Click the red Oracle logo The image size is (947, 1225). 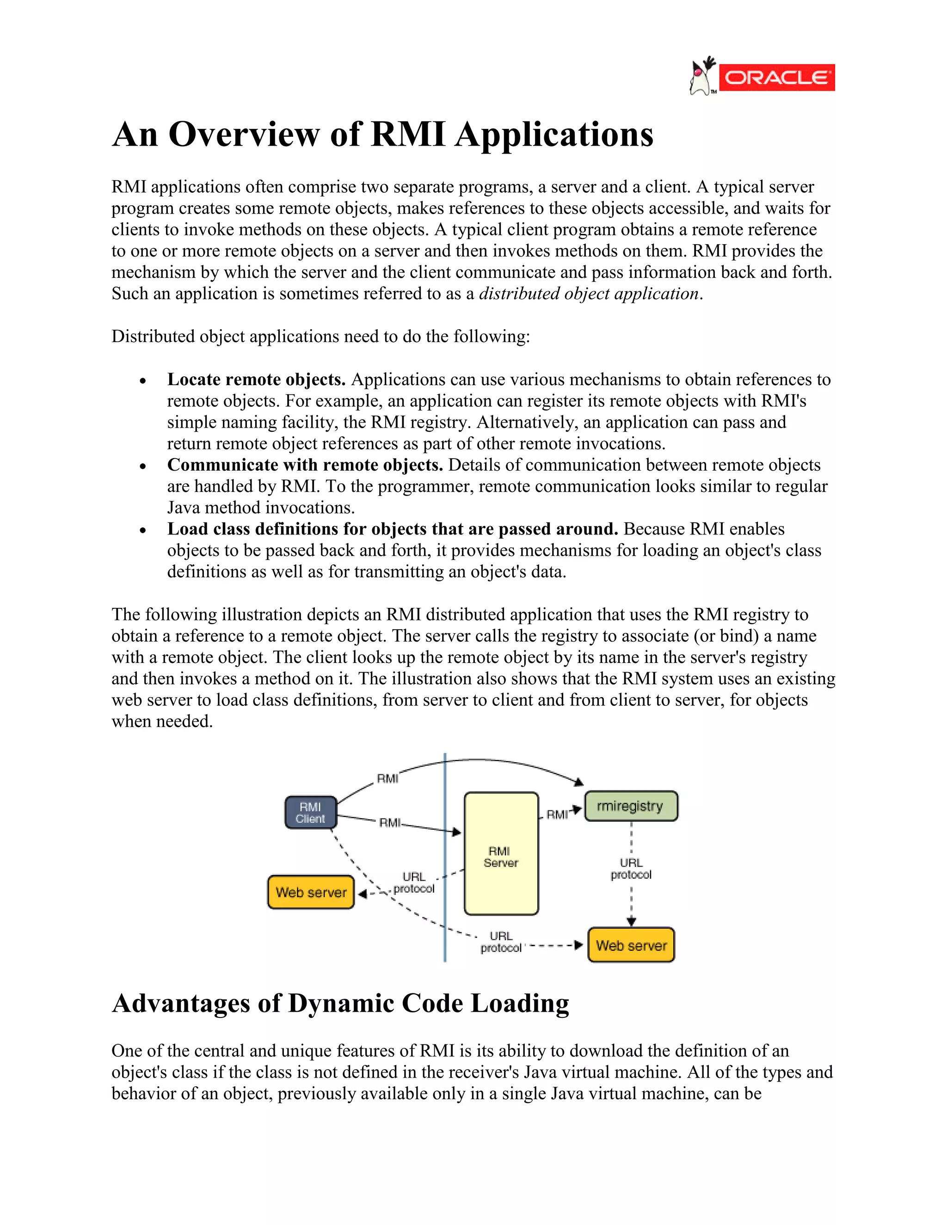[776, 77]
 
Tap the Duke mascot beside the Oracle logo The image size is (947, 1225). [702, 77]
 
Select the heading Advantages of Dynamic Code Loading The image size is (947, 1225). [340, 1004]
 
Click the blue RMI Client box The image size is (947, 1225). [311, 812]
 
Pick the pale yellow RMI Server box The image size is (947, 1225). [501, 853]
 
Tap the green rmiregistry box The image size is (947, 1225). [631, 806]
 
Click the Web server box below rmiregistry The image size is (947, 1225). [631, 945]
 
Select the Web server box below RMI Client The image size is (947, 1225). [311, 892]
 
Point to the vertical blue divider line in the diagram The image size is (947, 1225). [445, 909]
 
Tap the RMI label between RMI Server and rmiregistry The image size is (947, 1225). [557, 815]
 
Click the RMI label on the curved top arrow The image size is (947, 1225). [387, 778]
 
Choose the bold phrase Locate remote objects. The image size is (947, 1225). [256, 380]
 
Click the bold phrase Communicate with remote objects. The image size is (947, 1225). [305, 465]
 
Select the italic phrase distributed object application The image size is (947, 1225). [589, 294]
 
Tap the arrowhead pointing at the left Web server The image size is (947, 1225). [363, 894]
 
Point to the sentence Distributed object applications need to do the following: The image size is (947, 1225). [320, 337]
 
